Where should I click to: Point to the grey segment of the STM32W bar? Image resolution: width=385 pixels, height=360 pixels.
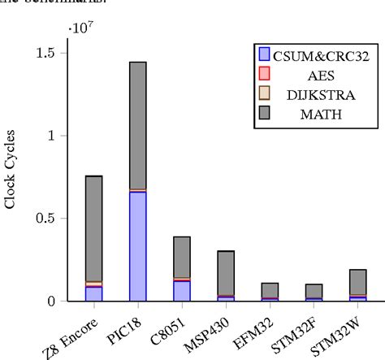point(357,282)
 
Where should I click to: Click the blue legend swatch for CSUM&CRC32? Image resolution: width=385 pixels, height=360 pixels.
point(263,56)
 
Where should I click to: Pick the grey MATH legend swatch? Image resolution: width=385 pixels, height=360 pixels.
point(263,112)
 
